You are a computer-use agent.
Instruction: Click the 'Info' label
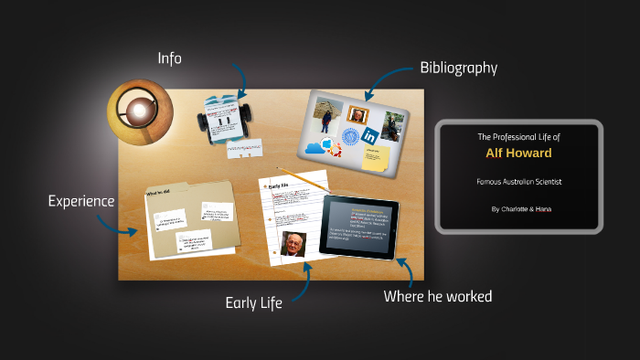click(169, 58)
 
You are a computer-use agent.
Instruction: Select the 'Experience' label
click(81, 200)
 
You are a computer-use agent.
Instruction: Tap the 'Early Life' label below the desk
click(253, 302)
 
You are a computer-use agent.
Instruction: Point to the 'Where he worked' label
click(438, 296)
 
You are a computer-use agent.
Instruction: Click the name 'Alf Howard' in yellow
click(518, 154)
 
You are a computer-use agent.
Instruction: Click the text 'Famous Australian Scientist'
click(518, 182)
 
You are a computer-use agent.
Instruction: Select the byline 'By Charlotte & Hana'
click(518, 209)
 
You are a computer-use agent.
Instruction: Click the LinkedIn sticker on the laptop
click(370, 135)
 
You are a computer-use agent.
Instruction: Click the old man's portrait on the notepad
click(293, 245)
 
